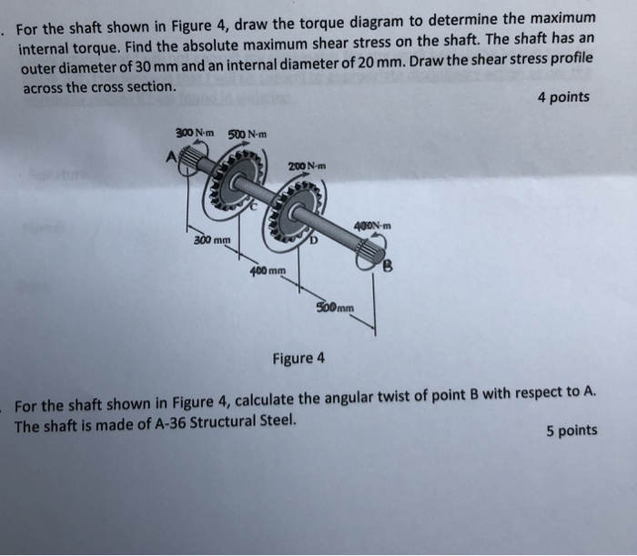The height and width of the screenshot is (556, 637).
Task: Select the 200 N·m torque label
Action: pos(306,166)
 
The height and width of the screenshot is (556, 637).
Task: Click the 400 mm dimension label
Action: pos(268,270)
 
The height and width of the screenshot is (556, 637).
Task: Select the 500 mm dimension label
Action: pos(336,307)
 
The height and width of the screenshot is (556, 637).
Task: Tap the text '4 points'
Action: pos(563,96)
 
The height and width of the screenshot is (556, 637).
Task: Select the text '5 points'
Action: pos(571,430)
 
